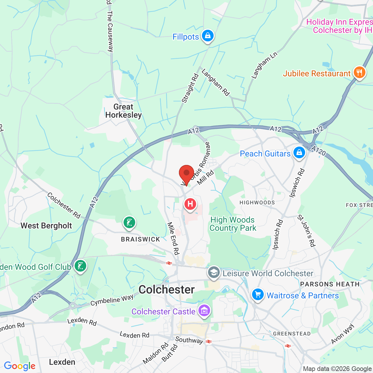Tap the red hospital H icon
[190, 204]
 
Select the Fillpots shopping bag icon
[207, 36]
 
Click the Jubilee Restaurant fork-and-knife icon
[359, 72]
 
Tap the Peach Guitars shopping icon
[299, 152]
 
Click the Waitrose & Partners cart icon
[258, 295]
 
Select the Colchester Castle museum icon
[204, 311]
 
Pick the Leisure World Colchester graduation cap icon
[214, 272]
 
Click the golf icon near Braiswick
[129, 223]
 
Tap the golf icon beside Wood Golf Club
[80, 266]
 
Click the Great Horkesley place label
[124, 111]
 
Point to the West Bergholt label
[46, 226]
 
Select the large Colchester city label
[167, 290]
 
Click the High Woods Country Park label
[233, 224]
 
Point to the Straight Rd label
[190, 88]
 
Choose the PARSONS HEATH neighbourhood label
[330, 284]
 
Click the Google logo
[20, 366]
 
